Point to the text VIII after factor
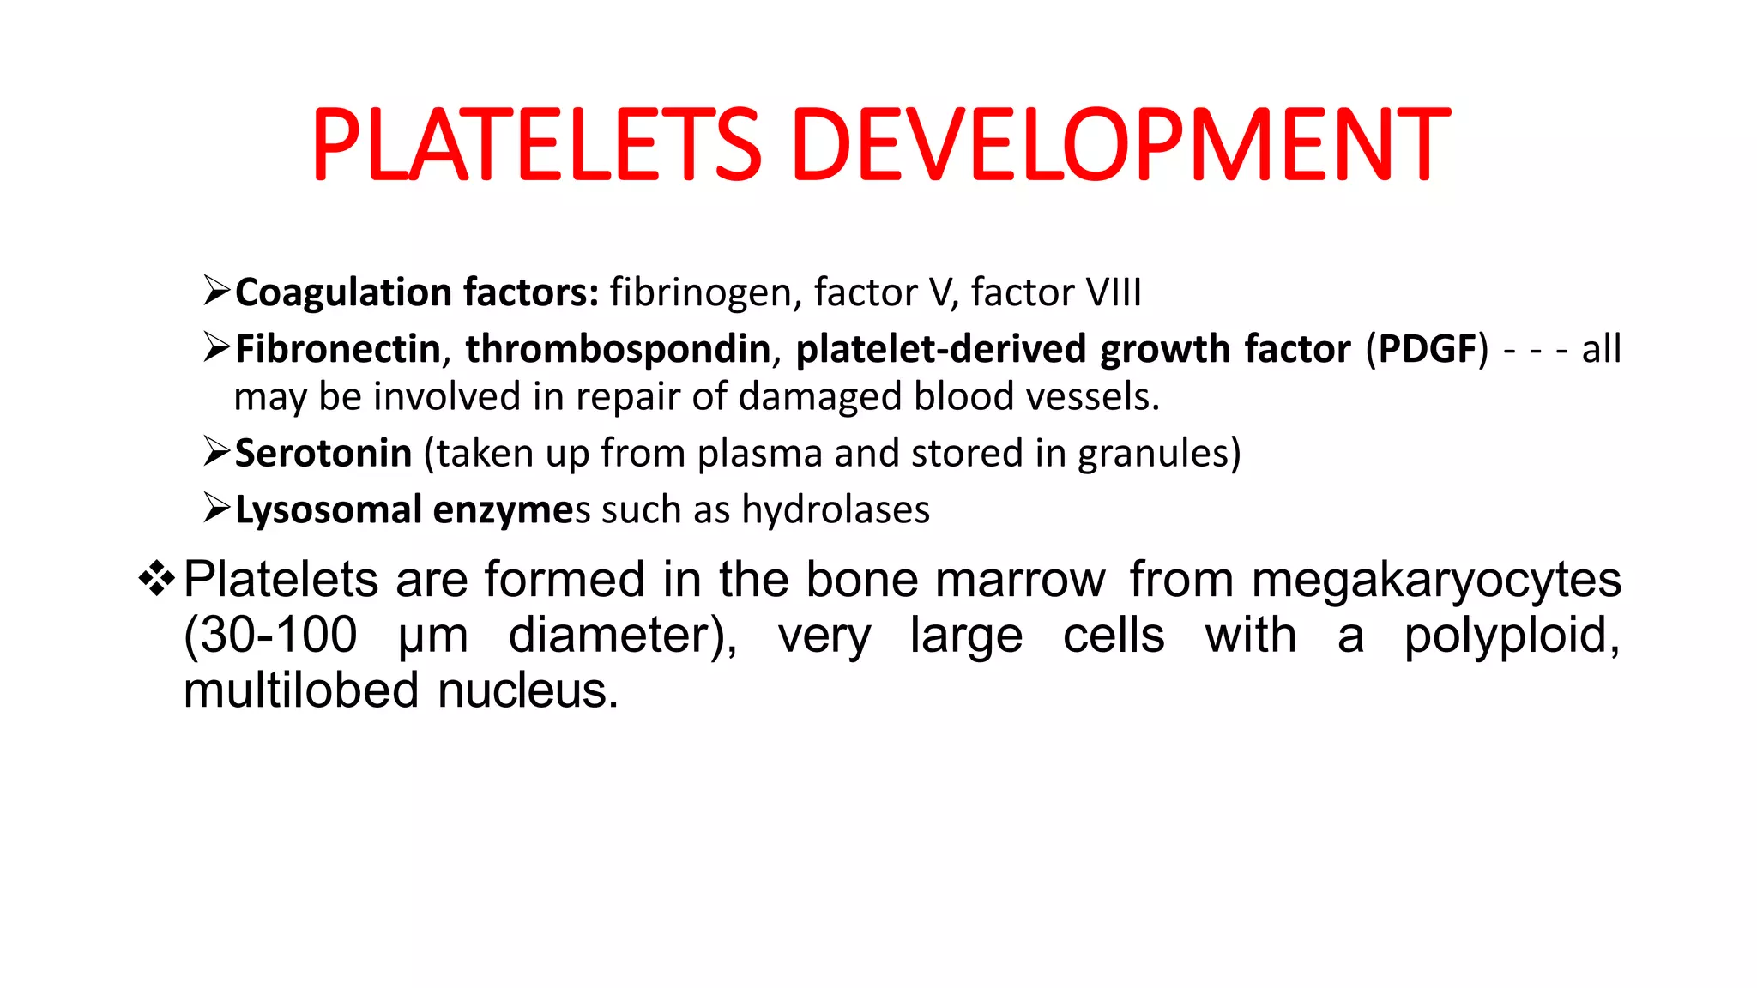[1114, 292]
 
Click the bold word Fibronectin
[337, 349]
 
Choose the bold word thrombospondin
[618, 349]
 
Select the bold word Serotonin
[323, 453]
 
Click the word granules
[1154, 453]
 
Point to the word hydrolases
[836, 509]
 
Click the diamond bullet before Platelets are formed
[156, 578]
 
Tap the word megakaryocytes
[1436, 580]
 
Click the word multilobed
[301, 690]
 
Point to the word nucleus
[527, 690]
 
